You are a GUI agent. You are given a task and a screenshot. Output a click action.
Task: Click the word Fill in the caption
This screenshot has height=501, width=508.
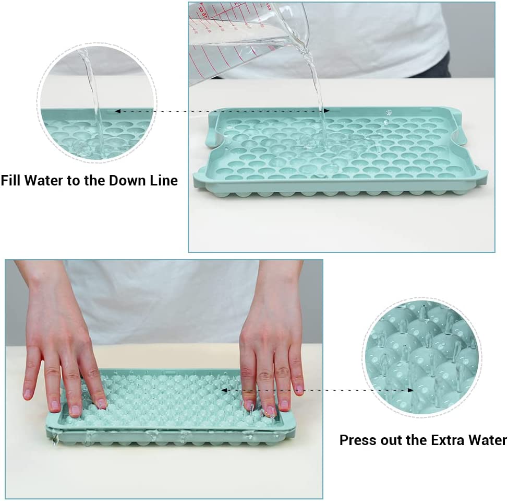click(x=11, y=181)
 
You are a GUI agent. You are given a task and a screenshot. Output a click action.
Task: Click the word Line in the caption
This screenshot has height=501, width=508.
click(x=162, y=181)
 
